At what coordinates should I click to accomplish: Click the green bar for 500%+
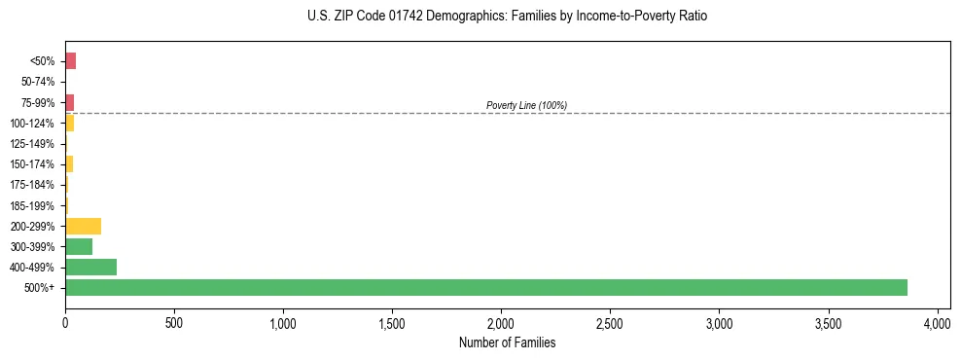[x=486, y=287]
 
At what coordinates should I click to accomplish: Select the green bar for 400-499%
[x=90, y=267]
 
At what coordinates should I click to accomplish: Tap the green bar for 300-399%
[x=79, y=246]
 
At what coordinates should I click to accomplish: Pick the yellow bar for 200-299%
[x=83, y=226]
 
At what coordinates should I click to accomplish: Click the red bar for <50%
[x=70, y=61]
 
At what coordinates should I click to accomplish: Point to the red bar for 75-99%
[x=69, y=102]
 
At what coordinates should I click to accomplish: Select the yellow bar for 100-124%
[x=69, y=124]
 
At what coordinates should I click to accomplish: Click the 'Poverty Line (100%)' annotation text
[x=526, y=105]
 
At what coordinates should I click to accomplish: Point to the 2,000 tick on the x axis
[x=501, y=322]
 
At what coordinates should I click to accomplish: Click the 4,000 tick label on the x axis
[x=937, y=322]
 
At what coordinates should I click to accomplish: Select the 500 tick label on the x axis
[x=174, y=322]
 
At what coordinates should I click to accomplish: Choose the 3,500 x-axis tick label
[x=828, y=322]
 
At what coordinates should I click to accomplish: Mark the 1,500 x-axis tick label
[x=392, y=322]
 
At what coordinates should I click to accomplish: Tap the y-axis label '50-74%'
[x=39, y=82]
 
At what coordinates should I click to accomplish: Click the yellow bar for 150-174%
[x=69, y=164]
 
